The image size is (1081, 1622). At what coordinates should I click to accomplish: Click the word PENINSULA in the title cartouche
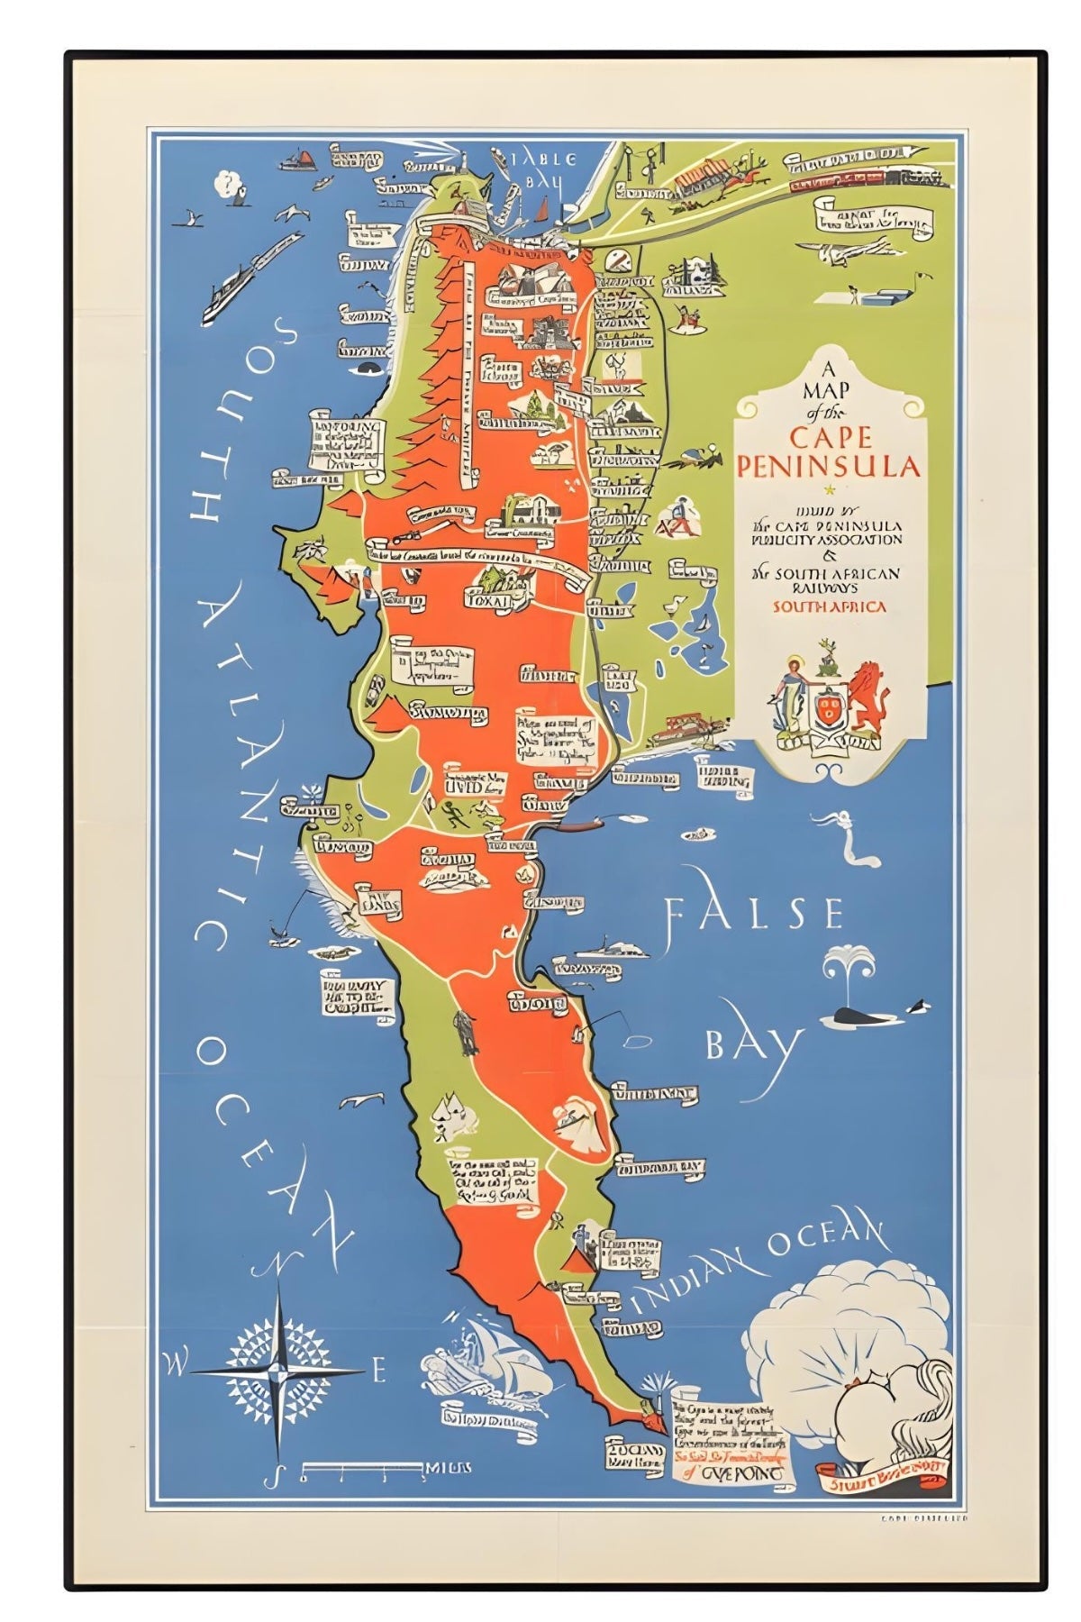coord(829,466)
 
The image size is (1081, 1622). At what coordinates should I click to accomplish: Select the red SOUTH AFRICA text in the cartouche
coord(829,606)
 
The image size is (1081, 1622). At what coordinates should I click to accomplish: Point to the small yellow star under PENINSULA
coord(830,490)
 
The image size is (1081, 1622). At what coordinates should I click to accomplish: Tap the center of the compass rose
coord(281,1371)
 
